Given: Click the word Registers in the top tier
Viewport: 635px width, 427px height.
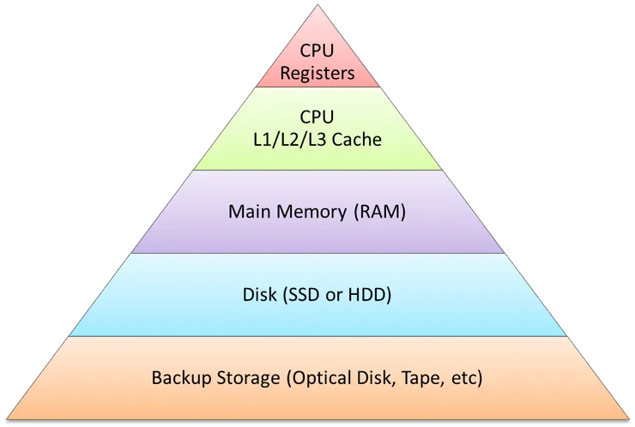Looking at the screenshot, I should coord(317,73).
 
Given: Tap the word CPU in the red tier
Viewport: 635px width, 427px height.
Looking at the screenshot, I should coord(317,51).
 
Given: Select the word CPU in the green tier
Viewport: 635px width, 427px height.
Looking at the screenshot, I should coord(317,117).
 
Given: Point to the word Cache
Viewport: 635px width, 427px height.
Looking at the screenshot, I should coord(352,138).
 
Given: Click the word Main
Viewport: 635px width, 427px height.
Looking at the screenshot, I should coord(248,212).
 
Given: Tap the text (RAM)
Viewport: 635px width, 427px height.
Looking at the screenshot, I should coord(377,212).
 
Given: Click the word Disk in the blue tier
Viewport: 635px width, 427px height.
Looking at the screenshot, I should coord(261,296).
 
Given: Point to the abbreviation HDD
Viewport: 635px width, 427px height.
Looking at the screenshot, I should coord(371,296).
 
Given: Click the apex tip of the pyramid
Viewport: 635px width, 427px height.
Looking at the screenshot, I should coord(317,5).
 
